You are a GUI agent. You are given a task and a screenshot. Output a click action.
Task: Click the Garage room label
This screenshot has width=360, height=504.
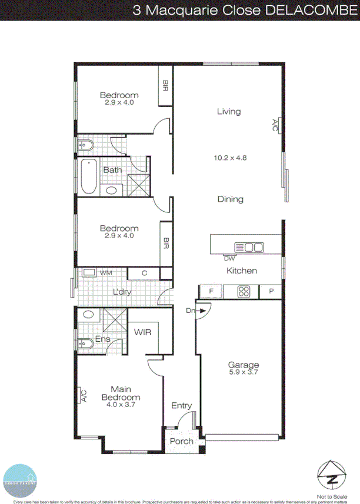pos(244,365)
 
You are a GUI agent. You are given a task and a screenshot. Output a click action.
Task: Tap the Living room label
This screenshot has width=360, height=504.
pos(229,111)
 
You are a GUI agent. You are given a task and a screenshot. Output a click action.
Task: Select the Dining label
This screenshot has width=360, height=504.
pos(231,199)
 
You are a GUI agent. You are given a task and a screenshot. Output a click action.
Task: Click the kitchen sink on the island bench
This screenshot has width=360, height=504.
pos(250,247)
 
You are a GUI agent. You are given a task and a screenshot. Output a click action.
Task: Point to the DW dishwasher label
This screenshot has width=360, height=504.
pos(229,258)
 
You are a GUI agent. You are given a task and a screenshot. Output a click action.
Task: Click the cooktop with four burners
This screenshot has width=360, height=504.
pos(244,291)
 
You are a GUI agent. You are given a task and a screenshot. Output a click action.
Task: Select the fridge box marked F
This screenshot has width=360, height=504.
pos(211,291)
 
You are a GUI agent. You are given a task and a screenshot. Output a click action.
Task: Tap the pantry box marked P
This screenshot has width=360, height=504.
pos(271,291)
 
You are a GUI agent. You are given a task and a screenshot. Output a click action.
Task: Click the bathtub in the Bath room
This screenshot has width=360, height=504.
pos(88,176)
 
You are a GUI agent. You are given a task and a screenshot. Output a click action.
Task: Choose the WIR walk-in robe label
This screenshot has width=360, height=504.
pos(143,332)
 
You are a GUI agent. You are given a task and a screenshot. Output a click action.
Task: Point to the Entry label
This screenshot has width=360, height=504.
pos(181,405)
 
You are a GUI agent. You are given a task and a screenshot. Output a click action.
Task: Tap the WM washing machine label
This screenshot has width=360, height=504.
pos(106,272)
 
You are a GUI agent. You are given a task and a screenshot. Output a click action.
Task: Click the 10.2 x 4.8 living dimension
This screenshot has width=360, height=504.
pos(229,157)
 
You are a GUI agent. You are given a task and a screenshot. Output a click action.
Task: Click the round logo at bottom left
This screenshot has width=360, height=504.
pos(21,480)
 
